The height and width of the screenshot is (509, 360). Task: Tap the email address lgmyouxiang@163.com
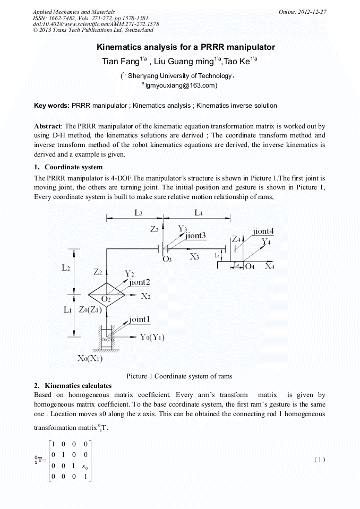point(181,85)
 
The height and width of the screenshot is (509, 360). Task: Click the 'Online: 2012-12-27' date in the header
point(303,12)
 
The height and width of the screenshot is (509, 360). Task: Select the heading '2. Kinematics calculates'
point(73,385)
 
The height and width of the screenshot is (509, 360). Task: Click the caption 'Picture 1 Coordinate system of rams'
point(179,376)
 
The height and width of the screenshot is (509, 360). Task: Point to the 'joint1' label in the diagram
point(140,320)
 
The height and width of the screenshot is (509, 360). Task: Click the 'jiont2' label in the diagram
point(140,282)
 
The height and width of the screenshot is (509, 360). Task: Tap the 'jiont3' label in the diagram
point(196,235)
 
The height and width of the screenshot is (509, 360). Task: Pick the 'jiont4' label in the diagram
point(263,231)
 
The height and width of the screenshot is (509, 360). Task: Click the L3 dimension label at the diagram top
point(138,212)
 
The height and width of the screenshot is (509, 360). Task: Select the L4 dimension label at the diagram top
point(199,212)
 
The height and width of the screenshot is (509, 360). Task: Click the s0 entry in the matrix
point(84,467)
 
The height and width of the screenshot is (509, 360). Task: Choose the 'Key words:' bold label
point(52,106)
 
